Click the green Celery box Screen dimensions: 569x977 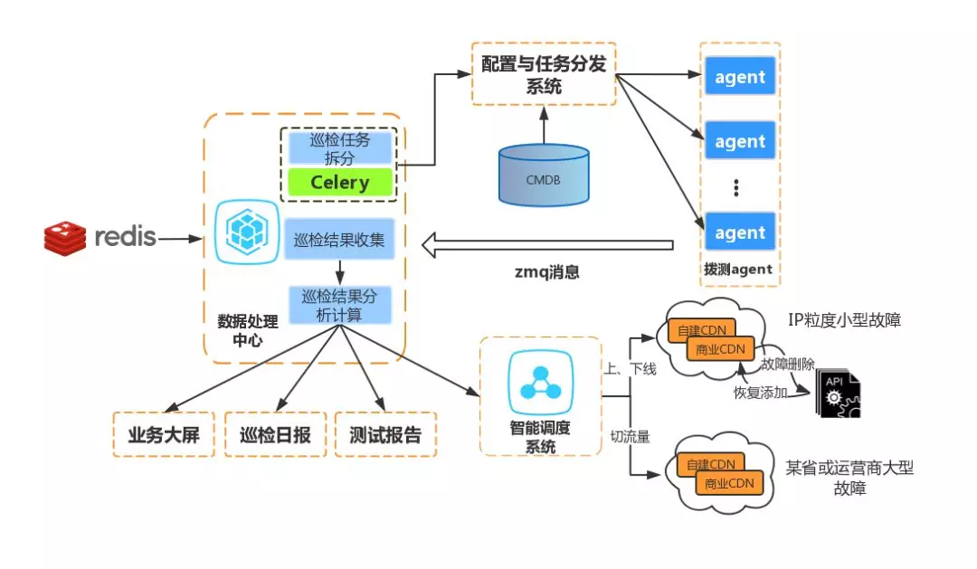click(339, 183)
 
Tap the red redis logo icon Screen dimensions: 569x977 click(64, 238)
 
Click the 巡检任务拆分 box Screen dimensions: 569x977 click(339, 147)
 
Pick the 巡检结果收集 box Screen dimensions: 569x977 click(339, 241)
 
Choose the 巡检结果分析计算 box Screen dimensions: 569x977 click(339, 305)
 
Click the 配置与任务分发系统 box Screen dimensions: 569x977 click(543, 72)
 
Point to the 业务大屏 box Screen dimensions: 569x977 click(163, 435)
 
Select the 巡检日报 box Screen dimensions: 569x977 click(274, 435)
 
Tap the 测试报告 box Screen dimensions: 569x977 click(385, 435)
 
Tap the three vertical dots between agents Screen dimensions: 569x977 click(737, 187)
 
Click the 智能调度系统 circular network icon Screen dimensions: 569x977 click(540, 379)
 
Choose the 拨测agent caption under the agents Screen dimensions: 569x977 click(737, 270)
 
